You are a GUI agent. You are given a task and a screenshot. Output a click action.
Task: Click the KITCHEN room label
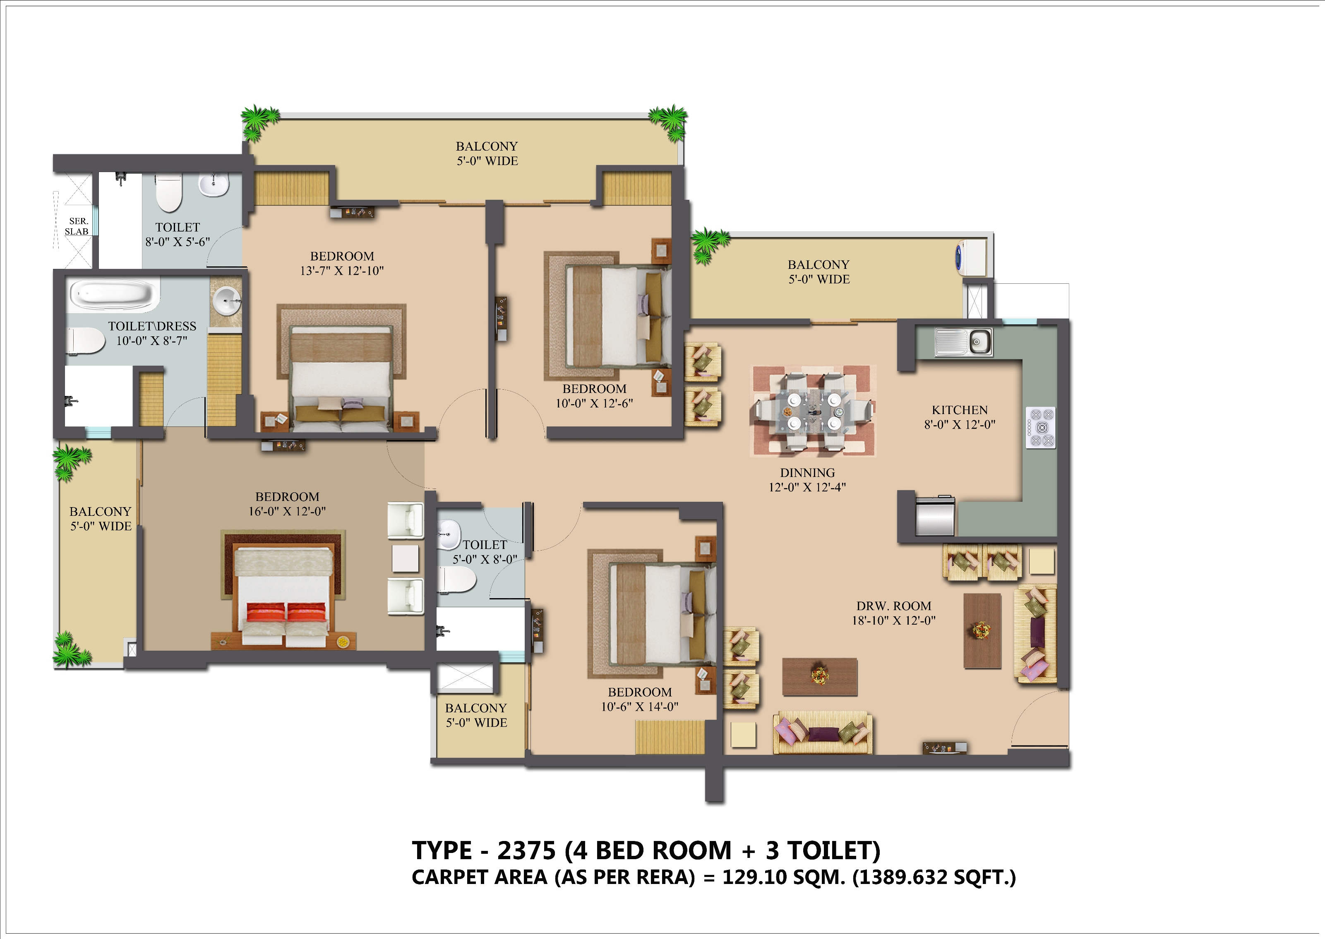coord(960,410)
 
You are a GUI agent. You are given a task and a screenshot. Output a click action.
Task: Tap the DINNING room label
coord(807,473)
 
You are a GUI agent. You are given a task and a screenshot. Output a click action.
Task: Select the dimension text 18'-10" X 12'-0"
coord(893,620)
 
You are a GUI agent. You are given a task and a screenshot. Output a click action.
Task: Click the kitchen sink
coord(963,342)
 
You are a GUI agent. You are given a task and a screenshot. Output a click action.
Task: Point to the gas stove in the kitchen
coord(1040,428)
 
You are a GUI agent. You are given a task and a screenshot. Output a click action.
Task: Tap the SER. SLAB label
coord(77,226)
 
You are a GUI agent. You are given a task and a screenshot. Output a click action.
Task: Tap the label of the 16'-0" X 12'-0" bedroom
coord(288,497)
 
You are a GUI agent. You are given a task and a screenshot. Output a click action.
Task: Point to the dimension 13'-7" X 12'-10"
coord(342,271)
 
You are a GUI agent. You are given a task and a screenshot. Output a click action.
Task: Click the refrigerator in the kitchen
coord(935,516)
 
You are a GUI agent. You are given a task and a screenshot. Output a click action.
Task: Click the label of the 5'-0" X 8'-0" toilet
coord(485,545)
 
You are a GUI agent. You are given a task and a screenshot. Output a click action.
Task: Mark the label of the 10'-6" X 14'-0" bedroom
coord(640,692)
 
